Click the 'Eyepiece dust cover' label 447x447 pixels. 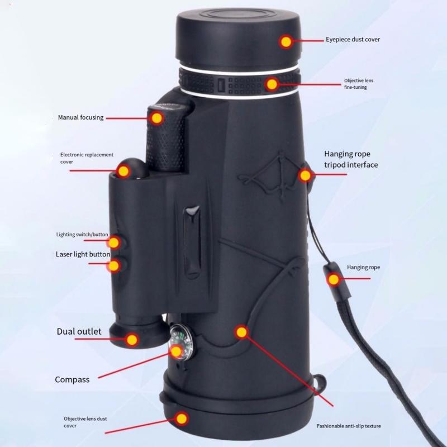point(353,40)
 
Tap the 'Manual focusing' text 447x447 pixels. point(80,118)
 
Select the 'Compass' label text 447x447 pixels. point(72,380)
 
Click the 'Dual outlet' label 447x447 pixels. point(79,331)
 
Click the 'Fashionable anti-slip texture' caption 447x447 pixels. point(349,426)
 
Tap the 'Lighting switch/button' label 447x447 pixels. point(82,235)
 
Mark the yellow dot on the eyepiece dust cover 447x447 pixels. point(286,41)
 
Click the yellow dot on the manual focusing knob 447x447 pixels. point(156,118)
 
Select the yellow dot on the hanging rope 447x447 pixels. point(334,279)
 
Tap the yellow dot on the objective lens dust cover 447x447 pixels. point(182,417)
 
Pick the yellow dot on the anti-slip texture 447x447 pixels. point(241,332)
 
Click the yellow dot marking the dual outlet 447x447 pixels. point(132,339)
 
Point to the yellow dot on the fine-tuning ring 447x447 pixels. point(272,84)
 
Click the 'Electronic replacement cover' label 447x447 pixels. point(87,158)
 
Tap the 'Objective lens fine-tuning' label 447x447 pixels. point(358,84)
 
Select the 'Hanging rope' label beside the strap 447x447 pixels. point(363,268)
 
